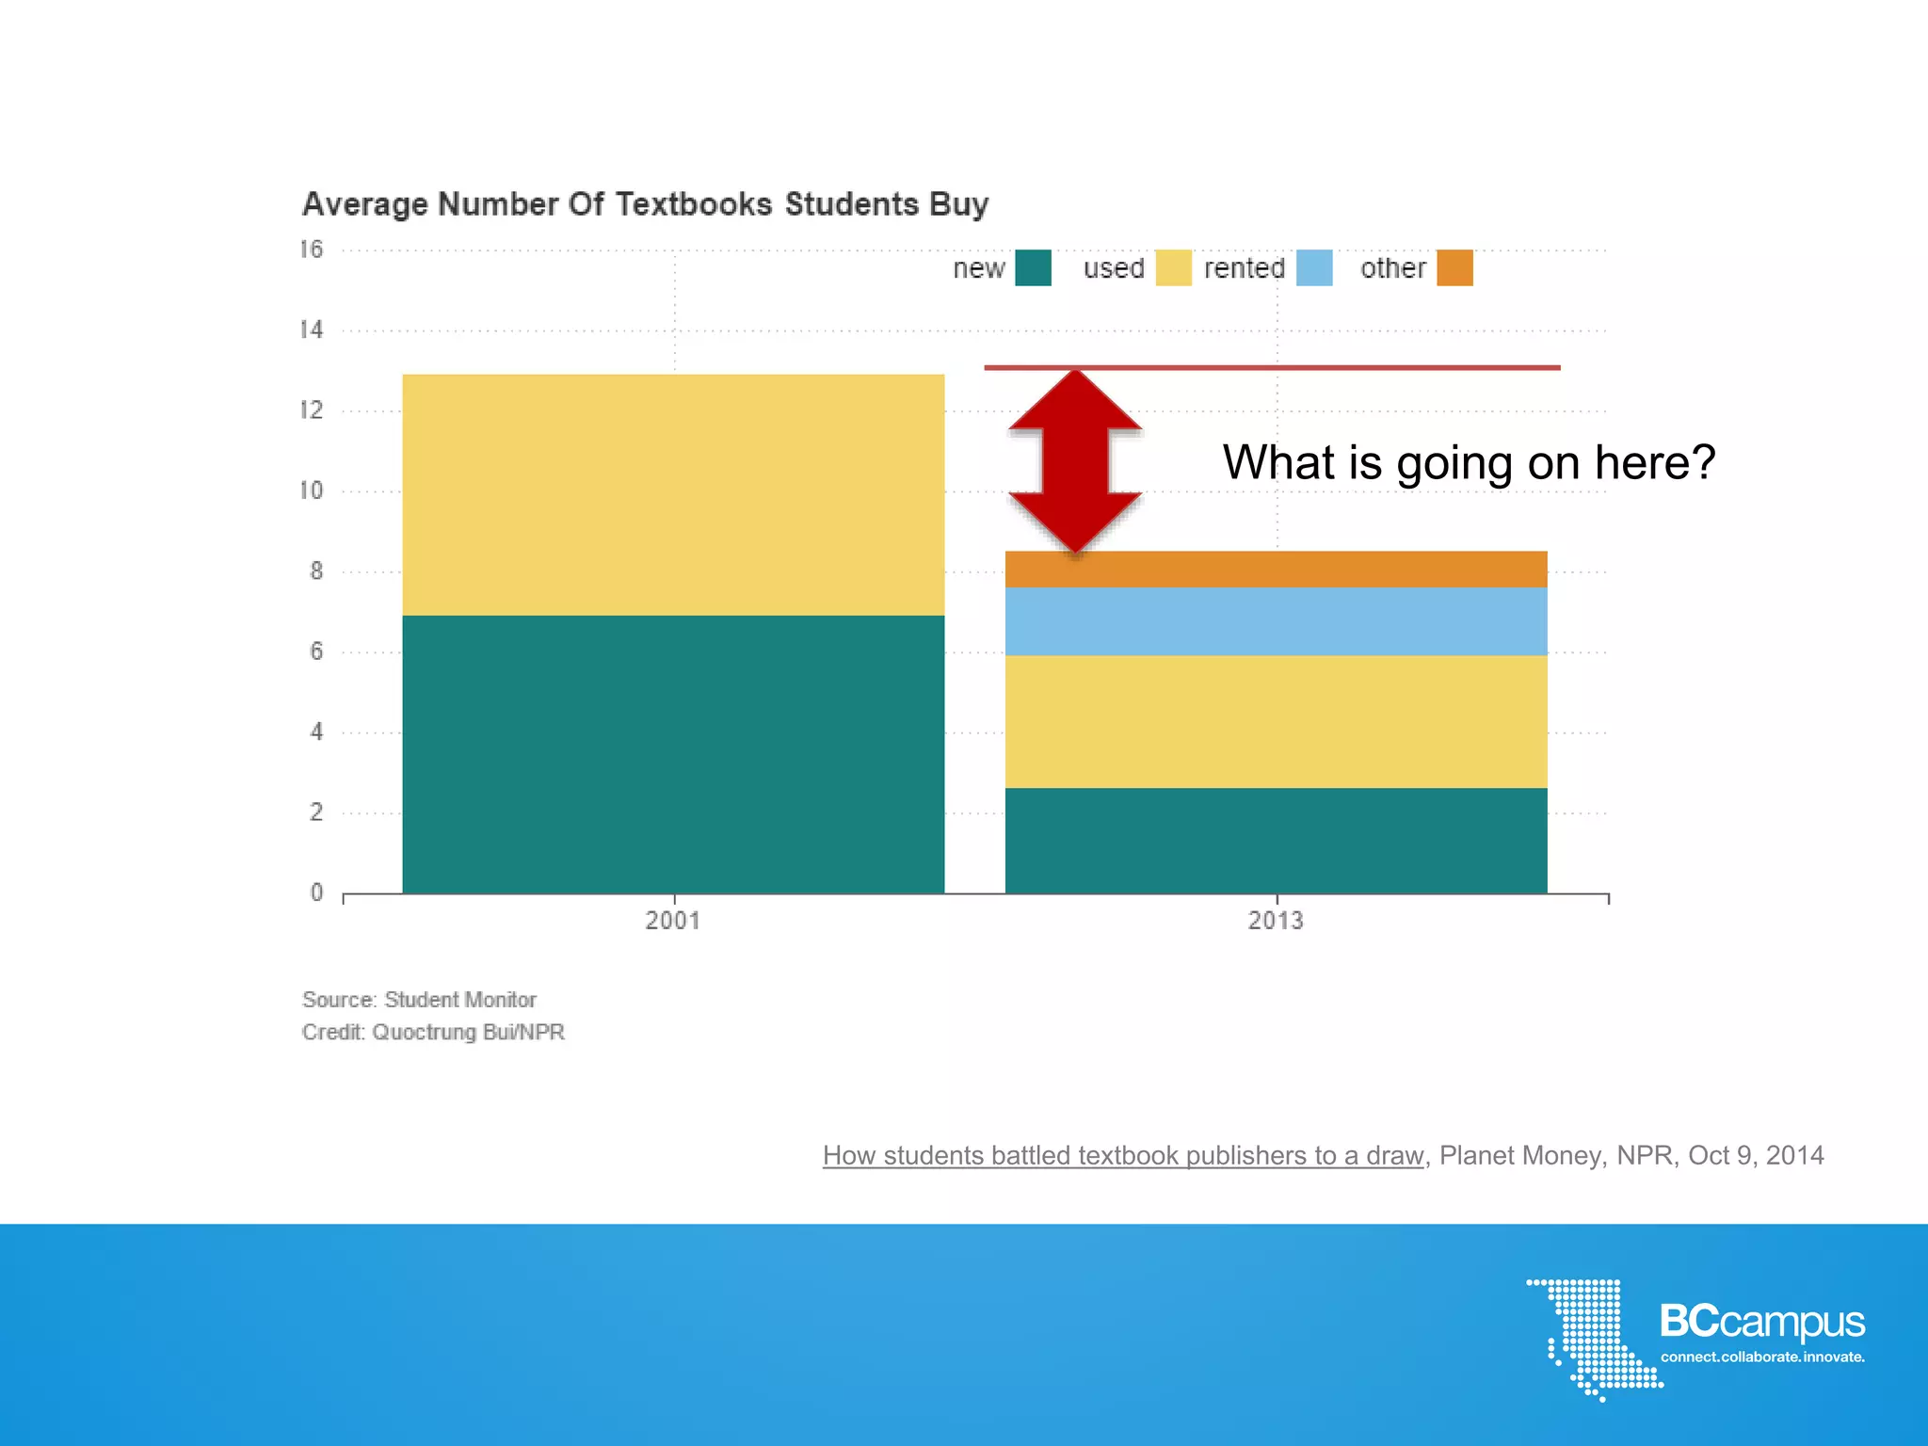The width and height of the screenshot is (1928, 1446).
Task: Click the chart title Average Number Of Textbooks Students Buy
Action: (x=645, y=204)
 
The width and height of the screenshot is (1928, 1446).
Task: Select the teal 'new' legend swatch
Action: (x=1033, y=268)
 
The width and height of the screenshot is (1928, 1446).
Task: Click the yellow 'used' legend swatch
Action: (x=1173, y=268)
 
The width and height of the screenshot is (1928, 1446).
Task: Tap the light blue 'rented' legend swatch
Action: (x=1314, y=268)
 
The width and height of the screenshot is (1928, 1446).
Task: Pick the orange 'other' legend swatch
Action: (x=1454, y=268)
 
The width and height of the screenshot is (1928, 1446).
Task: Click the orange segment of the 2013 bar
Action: (x=1276, y=570)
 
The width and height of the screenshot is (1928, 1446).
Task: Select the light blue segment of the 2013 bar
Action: (x=1276, y=621)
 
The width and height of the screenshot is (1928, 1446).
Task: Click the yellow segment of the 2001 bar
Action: (x=673, y=495)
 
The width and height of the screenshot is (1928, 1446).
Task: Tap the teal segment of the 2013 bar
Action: (x=1276, y=841)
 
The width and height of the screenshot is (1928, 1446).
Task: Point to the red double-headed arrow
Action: (x=1075, y=461)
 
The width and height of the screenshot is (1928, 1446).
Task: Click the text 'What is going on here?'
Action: (x=1469, y=462)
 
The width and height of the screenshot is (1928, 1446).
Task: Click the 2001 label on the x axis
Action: (x=673, y=921)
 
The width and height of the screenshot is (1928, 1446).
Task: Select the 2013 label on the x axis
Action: (x=1276, y=921)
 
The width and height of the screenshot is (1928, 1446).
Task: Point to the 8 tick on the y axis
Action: (x=316, y=571)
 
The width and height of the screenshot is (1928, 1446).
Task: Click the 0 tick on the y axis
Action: (x=316, y=892)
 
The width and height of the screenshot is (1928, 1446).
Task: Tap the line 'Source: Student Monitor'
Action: (x=419, y=1000)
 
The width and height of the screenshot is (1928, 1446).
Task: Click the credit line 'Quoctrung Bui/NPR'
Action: (x=433, y=1033)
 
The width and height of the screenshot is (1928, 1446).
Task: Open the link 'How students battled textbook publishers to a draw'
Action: (x=1122, y=1156)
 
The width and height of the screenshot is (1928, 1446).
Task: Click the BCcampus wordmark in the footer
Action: (x=1761, y=1322)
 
